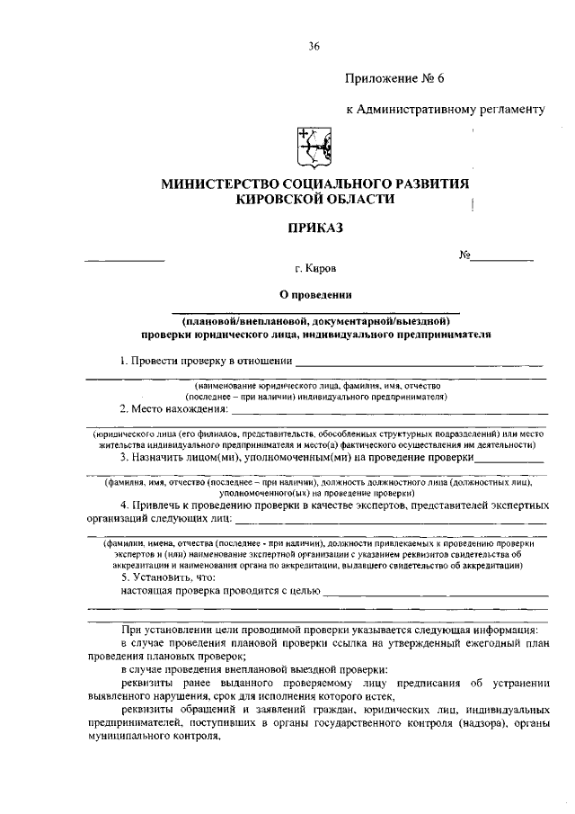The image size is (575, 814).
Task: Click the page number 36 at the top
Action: [314, 47]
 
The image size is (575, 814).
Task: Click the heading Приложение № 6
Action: [396, 77]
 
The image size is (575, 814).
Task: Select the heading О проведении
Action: [314, 294]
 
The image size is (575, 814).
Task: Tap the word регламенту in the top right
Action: [513, 110]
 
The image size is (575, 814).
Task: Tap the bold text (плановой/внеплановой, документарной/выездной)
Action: [314, 321]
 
